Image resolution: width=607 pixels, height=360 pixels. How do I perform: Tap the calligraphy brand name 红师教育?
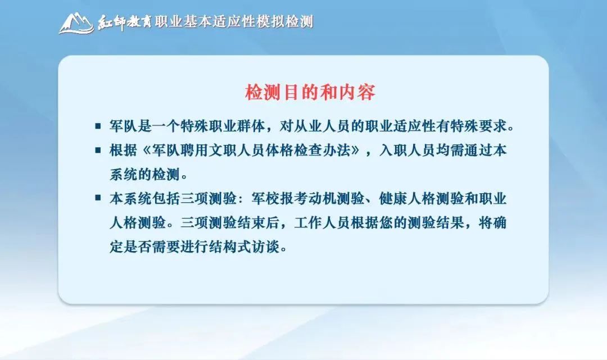(x=124, y=22)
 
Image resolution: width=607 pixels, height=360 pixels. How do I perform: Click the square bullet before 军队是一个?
(x=98, y=126)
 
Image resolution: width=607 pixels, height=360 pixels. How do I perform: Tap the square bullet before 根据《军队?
(x=98, y=150)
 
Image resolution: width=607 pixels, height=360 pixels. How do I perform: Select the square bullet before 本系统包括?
(x=98, y=198)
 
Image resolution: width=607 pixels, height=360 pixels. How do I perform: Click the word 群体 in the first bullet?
(x=251, y=126)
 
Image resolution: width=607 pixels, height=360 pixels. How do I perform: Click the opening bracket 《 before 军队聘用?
(x=145, y=151)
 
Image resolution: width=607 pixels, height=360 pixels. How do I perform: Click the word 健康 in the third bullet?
(x=393, y=199)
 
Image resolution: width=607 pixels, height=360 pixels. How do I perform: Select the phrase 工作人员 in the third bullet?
(x=321, y=223)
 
